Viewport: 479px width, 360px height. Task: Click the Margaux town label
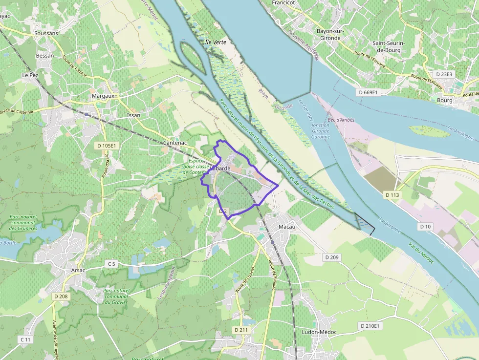103,96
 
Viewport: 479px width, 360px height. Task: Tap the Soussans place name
46,33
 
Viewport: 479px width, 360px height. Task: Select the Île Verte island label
215,42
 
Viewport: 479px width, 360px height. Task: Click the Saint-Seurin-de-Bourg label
389,46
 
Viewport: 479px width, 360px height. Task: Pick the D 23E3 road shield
443,74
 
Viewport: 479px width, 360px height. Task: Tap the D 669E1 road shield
368,92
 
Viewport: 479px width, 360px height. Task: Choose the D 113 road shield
392,195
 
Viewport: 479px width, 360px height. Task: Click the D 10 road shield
426,227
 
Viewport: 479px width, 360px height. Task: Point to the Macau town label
287,227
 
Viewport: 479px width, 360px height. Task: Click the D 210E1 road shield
370,326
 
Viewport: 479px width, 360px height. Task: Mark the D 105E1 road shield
106,146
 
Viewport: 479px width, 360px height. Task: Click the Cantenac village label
174,143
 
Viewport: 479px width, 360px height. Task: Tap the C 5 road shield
112,264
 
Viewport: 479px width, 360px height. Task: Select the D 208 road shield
61,296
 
